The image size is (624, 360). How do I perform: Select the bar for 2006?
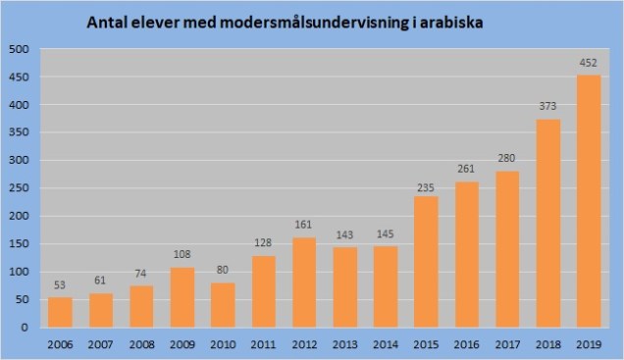tap(60, 312)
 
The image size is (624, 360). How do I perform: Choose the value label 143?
tap(344, 237)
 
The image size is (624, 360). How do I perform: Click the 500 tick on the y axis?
tap(19, 49)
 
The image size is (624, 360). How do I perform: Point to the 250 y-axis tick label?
tap(19, 188)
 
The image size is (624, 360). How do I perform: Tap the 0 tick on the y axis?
tap(26, 328)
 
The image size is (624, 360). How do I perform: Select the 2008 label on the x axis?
tap(141, 344)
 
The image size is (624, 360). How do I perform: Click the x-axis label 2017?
tap(507, 344)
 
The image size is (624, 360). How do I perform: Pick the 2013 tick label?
tap(344, 344)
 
